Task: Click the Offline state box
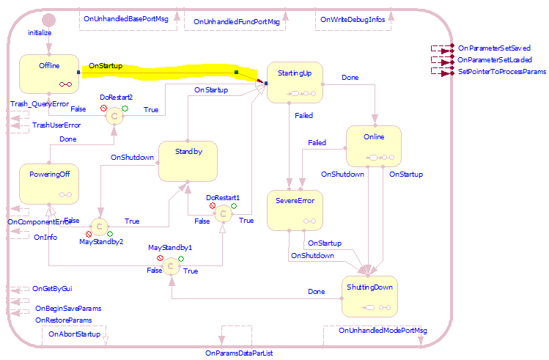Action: point(48,75)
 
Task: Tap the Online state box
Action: point(373,147)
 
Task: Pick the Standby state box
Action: point(188,161)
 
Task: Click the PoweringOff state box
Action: point(48,185)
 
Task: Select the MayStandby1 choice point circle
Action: point(170,266)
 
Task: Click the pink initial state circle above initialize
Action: point(48,20)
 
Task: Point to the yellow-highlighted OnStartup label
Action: point(106,66)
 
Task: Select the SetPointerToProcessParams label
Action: point(501,72)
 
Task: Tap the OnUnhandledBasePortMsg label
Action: point(126,20)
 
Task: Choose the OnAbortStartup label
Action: point(73,334)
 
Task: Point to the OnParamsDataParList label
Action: point(243,353)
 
